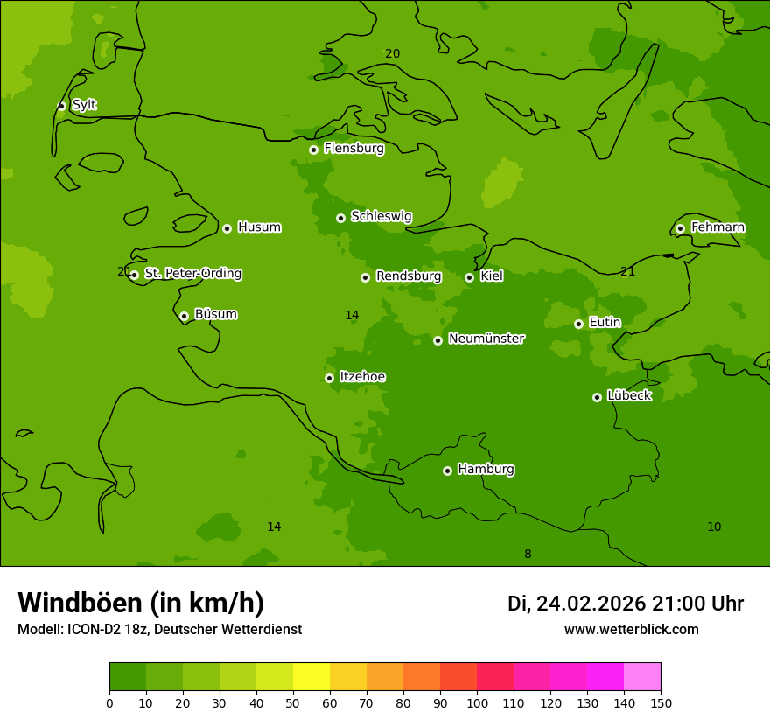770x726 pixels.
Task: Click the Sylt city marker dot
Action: (x=61, y=106)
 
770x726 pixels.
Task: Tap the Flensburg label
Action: (x=353, y=149)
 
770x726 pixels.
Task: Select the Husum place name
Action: (x=259, y=227)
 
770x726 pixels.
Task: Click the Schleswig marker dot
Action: (x=340, y=218)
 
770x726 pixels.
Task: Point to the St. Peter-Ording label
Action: (x=192, y=274)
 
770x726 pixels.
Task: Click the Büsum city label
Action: (x=215, y=314)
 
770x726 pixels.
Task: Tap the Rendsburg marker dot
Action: (x=365, y=277)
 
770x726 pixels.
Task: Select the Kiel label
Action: (x=491, y=276)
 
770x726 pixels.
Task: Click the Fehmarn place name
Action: (x=717, y=227)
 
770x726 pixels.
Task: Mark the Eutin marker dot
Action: (x=578, y=324)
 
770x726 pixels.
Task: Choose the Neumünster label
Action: (x=486, y=339)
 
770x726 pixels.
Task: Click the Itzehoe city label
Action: (x=362, y=377)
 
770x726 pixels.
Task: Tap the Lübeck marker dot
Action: (x=597, y=397)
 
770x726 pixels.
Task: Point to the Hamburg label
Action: (x=486, y=470)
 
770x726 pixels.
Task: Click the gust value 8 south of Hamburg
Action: (x=528, y=554)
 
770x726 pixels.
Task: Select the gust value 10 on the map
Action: (x=714, y=527)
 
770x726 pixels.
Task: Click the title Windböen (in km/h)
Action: (x=141, y=603)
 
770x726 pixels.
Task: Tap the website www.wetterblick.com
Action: (x=631, y=629)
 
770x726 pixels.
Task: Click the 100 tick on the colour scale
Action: (x=477, y=702)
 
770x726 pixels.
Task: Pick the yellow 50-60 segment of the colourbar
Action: (x=311, y=677)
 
